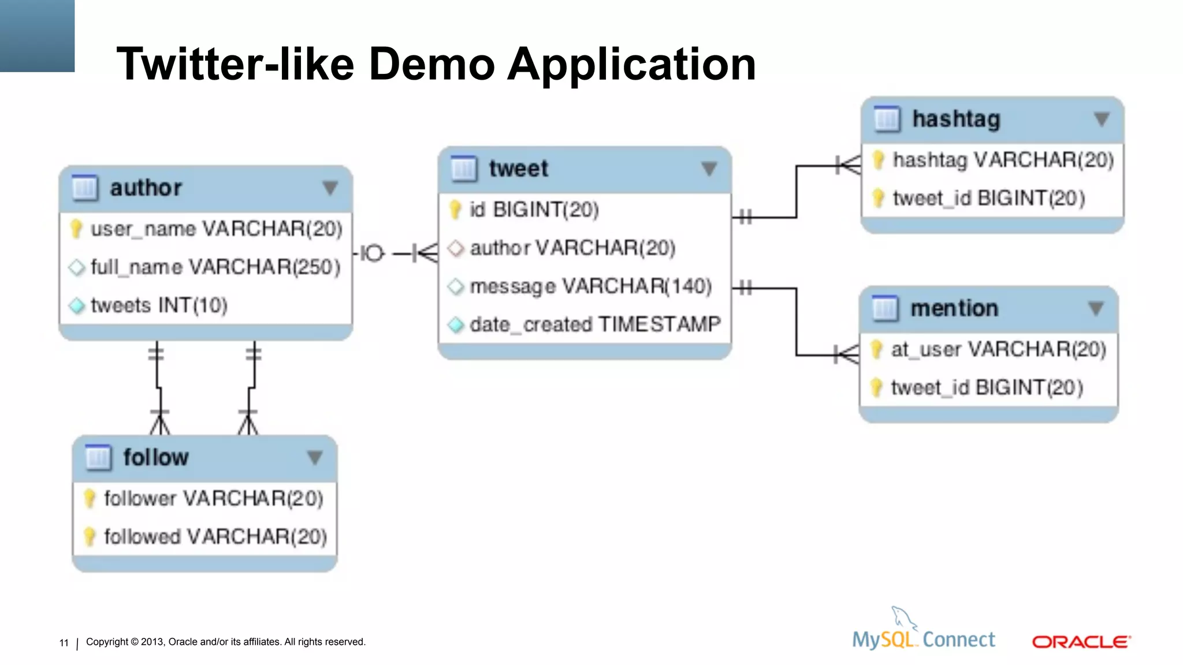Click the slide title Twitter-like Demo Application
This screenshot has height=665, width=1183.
click(436, 63)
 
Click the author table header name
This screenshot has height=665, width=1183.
click(146, 188)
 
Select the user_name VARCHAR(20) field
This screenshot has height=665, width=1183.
click(216, 229)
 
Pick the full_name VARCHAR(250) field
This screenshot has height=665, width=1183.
click(215, 267)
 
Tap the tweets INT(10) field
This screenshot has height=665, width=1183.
click(159, 305)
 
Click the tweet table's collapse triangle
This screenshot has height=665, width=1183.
click(709, 169)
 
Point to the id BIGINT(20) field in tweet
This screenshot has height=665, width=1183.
click(534, 210)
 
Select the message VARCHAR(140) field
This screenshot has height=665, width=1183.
click(590, 286)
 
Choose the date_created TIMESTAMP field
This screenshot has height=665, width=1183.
click(595, 324)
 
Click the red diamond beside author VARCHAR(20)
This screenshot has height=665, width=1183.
click(456, 248)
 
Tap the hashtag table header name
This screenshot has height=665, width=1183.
click(956, 119)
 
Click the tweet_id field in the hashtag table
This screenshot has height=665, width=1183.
click(988, 199)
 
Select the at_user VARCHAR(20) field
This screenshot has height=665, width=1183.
click(998, 349)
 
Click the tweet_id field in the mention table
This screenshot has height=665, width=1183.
click(987, 387)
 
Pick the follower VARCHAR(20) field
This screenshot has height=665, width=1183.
click(213, 498)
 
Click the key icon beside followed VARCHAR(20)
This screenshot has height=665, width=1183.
click(90, 536)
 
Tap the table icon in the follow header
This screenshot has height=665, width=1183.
click(98, 457)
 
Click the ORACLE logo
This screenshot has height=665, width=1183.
click(1081, 642)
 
